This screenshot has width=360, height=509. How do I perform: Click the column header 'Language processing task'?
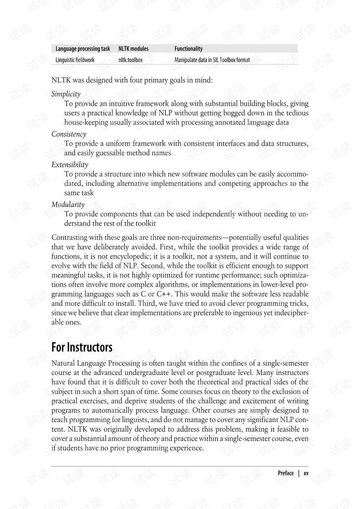point(83,49)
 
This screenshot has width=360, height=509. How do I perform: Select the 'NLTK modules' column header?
point(133,49)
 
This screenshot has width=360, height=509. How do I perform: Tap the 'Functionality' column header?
point(189,49)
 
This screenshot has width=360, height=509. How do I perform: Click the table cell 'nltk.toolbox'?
point(130,60)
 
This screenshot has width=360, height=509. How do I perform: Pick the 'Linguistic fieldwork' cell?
point(75,60)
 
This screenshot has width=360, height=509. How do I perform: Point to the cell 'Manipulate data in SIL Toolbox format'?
point(212,60)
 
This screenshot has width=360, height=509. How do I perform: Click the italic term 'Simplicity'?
point(66,94)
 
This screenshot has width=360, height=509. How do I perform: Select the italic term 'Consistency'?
point(69,134)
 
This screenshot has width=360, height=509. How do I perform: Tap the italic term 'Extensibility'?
point(70,165)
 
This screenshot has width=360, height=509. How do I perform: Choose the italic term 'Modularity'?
point(68,205)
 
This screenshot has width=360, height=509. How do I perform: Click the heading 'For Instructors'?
point(82,347)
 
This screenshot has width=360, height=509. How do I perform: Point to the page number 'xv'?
point(306,473)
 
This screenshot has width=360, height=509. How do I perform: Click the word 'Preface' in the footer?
point(286,473)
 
